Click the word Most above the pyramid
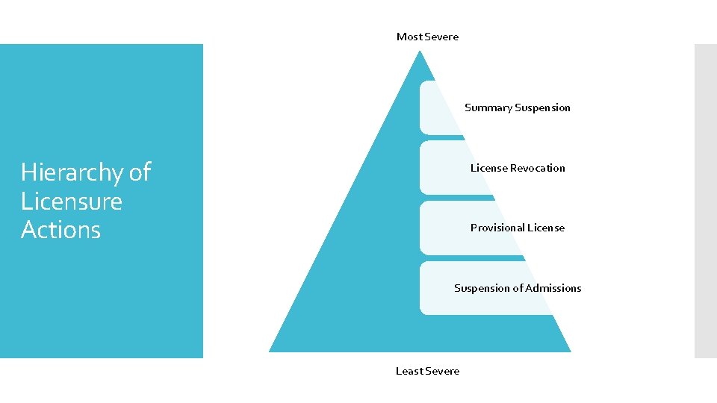(x=409, y=37)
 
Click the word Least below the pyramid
(x=409, y=371)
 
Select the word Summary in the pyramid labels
(x=488, y=108)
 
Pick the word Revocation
(x=537, y=168)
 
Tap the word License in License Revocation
(x=488, y=168)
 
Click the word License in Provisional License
(x=547, y=228)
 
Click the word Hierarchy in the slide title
(x=72, y=173)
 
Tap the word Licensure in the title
(x=72, y=201)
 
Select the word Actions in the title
(x=60, y=230)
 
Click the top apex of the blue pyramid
(x=420, y=51)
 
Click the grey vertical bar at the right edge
(x=705, y=201)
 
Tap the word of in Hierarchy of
(x=140, y=172)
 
